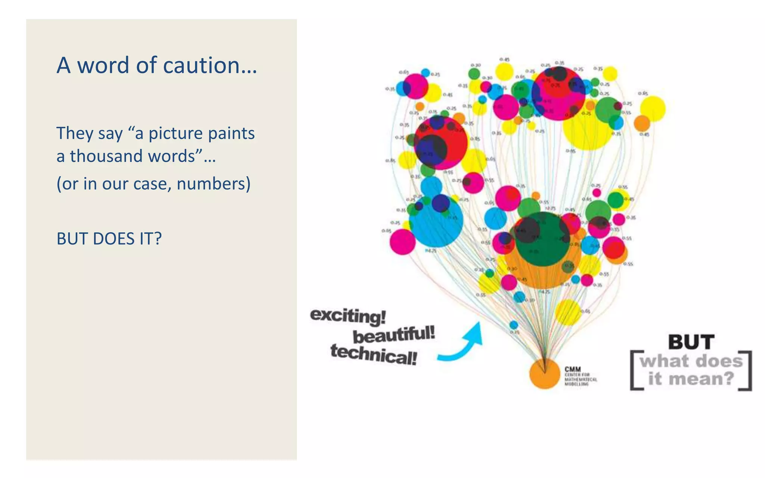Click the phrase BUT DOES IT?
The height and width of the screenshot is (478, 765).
click(109, 239)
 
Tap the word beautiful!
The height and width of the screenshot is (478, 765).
click(394, 334)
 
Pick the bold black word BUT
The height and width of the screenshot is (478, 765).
click(691, 342)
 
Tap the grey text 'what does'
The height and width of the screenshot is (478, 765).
click(691, 361)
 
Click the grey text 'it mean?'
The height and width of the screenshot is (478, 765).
click(691, 379)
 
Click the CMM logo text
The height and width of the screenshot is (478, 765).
click(572, 369)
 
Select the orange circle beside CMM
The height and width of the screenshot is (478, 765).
click(544, 373)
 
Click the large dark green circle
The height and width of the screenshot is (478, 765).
click(542, 239)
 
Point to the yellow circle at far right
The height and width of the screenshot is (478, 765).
click(653, 108)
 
